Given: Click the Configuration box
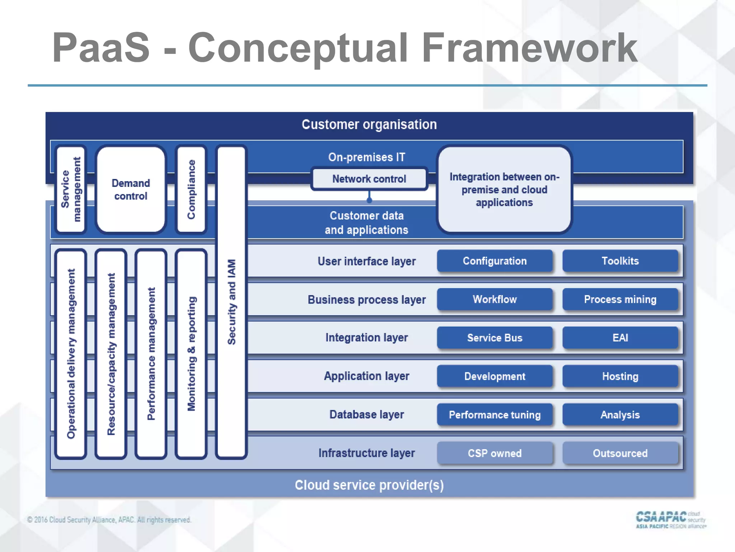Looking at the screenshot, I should pos(495,261).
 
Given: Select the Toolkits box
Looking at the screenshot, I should pos(620,261).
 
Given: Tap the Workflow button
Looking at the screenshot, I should pos(495,299).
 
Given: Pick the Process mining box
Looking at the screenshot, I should pos(620,299).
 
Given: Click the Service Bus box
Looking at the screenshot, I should pos(495,338).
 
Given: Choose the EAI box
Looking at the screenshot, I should pos(620,338).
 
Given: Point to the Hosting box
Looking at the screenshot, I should pos(620,376).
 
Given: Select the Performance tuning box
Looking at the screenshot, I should pos(495,415).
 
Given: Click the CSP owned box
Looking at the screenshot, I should pos(495,453).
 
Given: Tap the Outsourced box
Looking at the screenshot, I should pos(620,453).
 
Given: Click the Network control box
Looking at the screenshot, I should pos(369,179).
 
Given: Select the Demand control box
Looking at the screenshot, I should pos(131,189).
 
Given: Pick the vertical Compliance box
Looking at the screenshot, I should pos(191,189).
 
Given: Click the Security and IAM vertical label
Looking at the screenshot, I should pos(231,302).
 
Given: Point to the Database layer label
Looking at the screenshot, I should pos(366,415).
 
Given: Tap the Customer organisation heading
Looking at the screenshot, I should pos(369,124).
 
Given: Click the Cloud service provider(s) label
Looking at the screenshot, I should pos(369,485).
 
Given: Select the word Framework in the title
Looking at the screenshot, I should pos(529,48).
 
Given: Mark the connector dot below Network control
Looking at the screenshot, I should pos(369,201).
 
